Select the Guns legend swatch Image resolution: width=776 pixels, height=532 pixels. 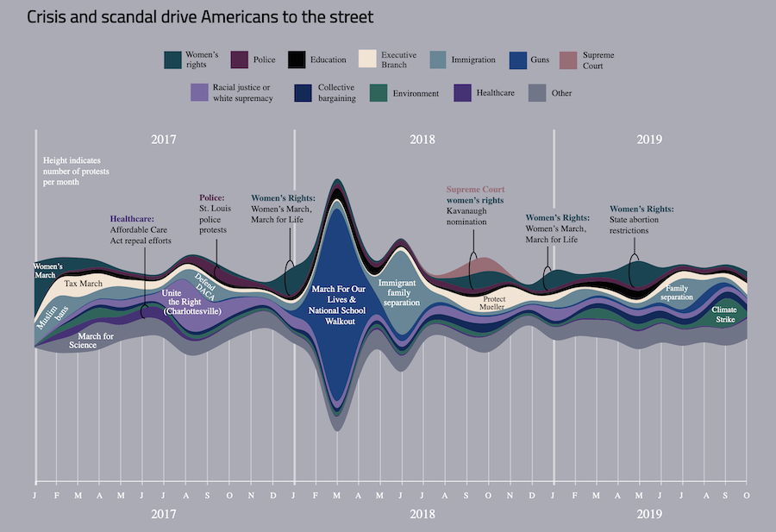point(521,59)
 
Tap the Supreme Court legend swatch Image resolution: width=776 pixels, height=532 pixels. point(570,59)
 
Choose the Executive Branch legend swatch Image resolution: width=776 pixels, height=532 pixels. point(369,59)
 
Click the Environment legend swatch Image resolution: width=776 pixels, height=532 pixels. point(379,92)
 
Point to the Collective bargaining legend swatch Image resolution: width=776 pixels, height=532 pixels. point(303,92)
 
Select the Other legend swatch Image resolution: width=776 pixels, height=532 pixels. point(538,92)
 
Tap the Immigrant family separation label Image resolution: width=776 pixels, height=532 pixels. point(399,292)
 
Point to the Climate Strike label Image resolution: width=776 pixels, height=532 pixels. point(724,315)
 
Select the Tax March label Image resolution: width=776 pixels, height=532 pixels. point(84,283)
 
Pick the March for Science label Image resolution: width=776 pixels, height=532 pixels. point(95,341)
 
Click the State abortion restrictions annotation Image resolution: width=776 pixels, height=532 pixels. point(641,225)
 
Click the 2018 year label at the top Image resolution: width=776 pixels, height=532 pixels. point(422,140)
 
